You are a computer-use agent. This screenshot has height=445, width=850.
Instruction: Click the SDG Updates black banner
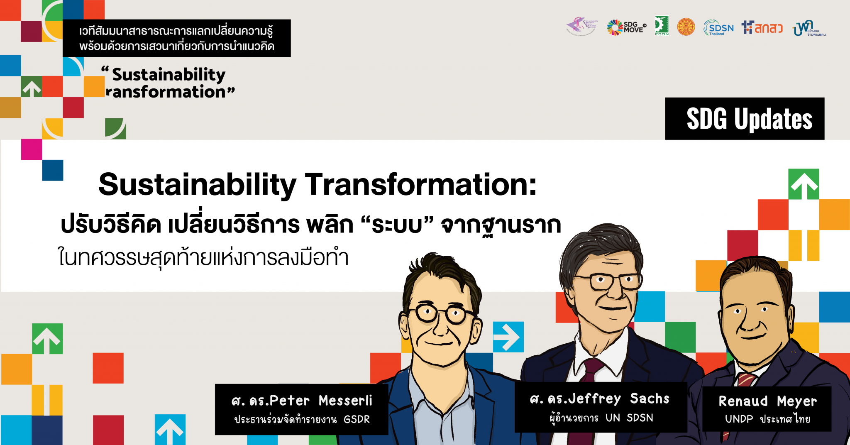coord(745,119)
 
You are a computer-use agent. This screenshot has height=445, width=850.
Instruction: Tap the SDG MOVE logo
coord(626,27)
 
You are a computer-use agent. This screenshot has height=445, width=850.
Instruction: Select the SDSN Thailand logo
coord(718,28)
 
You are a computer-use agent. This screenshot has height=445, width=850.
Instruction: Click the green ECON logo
coord(662,26)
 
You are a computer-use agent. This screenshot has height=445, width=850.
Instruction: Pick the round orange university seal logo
coord(686,27)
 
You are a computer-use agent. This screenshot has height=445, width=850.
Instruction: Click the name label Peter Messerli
coord(302,401)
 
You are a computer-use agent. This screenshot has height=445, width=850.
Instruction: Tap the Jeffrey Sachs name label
coord(600,399)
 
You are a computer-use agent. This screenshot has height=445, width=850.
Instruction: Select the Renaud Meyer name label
coord(767,401)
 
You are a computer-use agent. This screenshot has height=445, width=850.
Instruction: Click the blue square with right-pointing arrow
coord(508,337)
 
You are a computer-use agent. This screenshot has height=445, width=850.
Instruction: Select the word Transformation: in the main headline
coord(420,185)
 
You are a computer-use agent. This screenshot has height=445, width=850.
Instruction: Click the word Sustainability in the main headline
coord(197,185)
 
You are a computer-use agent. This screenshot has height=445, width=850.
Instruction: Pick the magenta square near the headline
coord(32,149)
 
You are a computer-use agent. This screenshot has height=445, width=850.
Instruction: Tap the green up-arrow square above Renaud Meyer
coord(804,184)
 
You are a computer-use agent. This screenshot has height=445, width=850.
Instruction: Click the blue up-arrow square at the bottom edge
coord(170,430)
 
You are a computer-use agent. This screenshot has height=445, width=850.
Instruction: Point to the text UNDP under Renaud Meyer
coord(739,419)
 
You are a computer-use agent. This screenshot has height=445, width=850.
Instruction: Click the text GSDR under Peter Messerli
coord(357,420)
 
